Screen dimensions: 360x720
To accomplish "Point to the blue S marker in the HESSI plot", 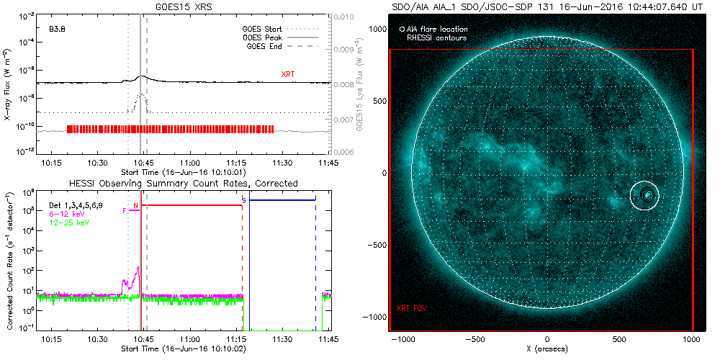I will [x=243, y=199].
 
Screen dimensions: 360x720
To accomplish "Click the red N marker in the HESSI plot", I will [x=135, y=205].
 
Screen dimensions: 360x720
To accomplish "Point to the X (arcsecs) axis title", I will [x=547, y=349].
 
